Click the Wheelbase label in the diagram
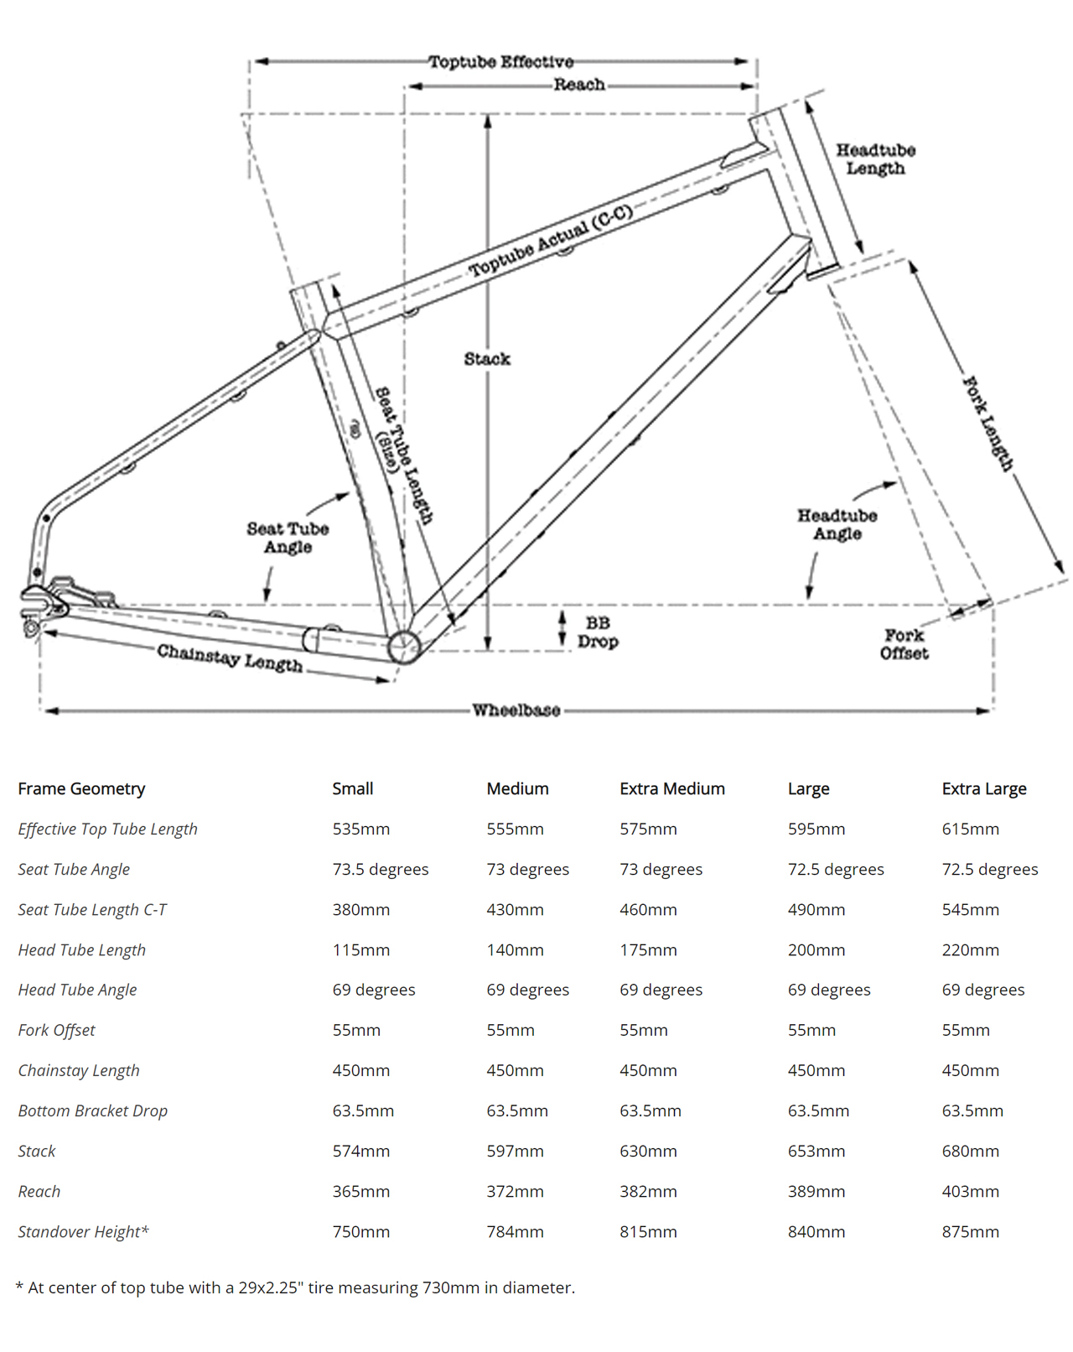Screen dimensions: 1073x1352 [x=516, y=710]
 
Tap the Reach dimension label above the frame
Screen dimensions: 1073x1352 [x=578, y=85]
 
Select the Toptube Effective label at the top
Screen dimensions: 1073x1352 [x=500, y=62]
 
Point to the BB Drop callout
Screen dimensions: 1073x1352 [x=598, y=632]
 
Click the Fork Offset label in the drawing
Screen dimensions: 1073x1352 [x=904, y=644]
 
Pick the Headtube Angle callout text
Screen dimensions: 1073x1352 [x=837, y=524]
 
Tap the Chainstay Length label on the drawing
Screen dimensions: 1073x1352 [x=229, y=658]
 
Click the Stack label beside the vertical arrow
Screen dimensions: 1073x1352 [x=487, y=359]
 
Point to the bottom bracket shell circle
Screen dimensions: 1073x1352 [x=404, y=647]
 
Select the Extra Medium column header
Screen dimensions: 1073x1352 [x=671, y=788]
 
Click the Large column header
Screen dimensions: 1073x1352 [x=808, y=788]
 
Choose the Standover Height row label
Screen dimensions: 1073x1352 [x=83, y=1231]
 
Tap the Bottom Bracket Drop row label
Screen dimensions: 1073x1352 [x=92, y=1110]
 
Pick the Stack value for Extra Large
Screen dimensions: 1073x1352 [x=970, y=1151]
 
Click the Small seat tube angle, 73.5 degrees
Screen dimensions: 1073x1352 [x=380, y=869]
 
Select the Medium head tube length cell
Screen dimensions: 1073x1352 [x=515, y=949]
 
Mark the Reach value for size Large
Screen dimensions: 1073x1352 [x=816, y=1191]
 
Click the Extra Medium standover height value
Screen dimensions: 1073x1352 [x=648, y=1231]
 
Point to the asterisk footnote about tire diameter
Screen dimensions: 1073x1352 [x=295, y=1287]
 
